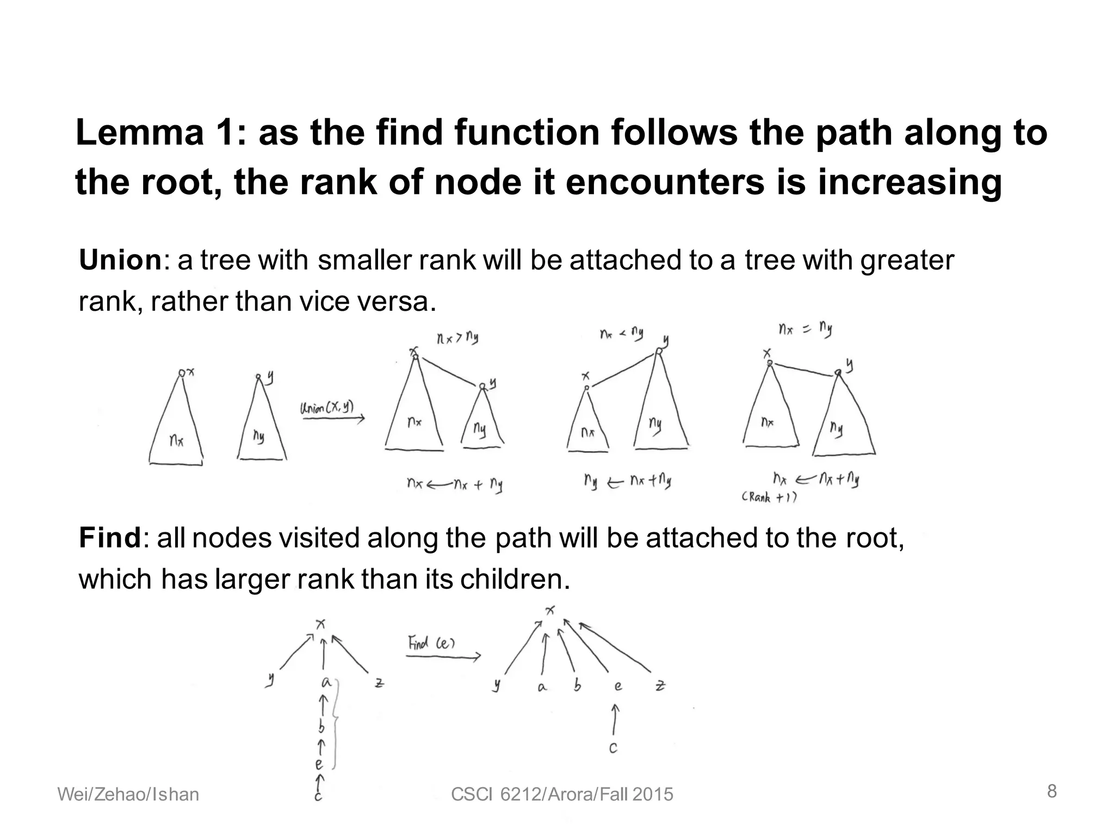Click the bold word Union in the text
pyautogui.click(x=120, y=260)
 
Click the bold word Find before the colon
pyautogui.click(x=110, y=538)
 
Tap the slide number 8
pyautogui.click(x=1052, y=791)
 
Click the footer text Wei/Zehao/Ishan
pyautogui.click(x=128, y=795)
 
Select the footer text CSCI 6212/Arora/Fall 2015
pyautogui.click(x=562, y=795)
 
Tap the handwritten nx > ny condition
pyautogui.click(x=457, y=339)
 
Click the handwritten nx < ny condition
pyautogui.click(x=622, y=333)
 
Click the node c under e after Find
pyautogui.click(x=613, y=748)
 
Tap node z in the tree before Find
pyautogui.click(x=379, y=683)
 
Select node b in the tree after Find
pyautogui.click(x=578, y=685)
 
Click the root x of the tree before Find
pyautogui.click(x=321, y=624)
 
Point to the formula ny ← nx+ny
pyautogui.click(x=627, y=482)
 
